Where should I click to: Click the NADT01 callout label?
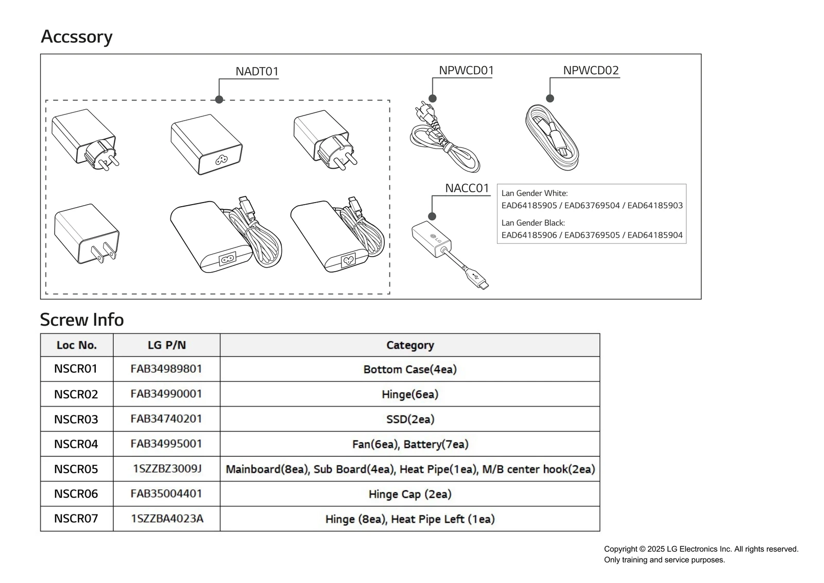[256, 71]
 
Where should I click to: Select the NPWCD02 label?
[591, 70]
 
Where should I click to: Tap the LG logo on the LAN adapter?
[436, 239]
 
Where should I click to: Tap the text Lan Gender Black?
[533, 223]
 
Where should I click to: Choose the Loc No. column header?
[77, 345]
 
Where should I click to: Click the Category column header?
[410, 345]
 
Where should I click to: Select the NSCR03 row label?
[76, 419]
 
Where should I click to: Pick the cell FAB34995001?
[166, 444]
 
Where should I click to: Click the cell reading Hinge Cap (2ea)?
[410, 494]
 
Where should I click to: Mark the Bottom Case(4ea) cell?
[410, 369]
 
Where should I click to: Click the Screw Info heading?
[82, 320]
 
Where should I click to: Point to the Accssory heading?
[76, 37]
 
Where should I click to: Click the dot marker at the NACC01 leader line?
[432, 216]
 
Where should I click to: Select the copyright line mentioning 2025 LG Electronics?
[701, 549]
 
